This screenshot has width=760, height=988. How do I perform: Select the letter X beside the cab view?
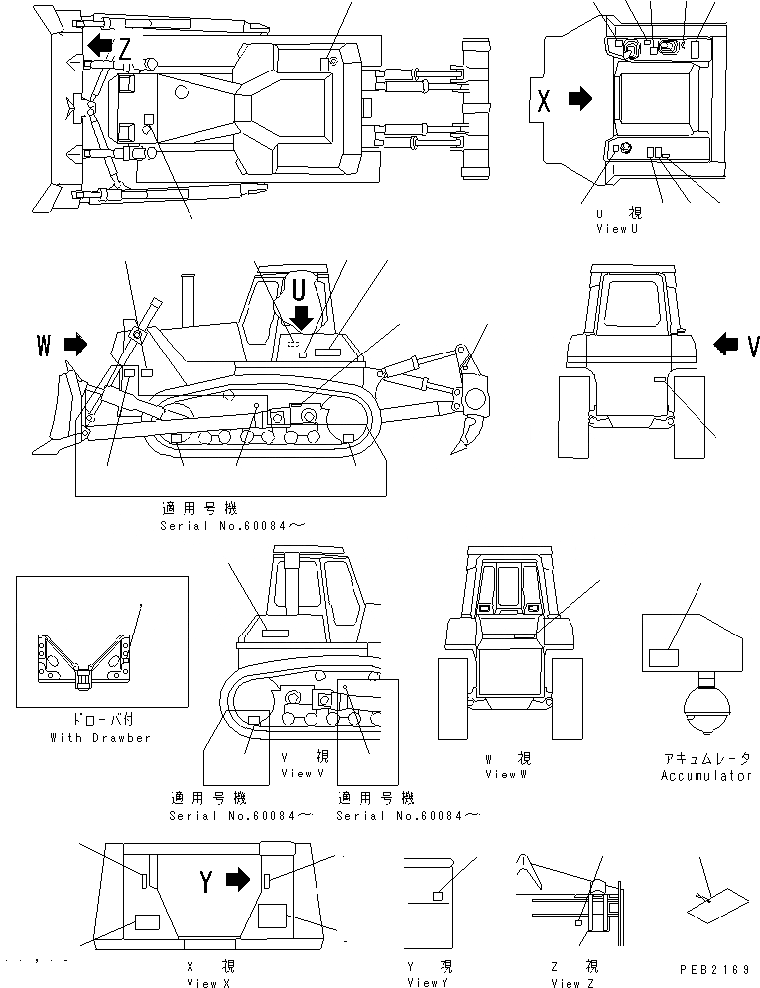coord(543,99)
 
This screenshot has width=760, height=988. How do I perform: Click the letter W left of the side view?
coord(44,345)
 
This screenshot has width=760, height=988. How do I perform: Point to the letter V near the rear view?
coord(753,345)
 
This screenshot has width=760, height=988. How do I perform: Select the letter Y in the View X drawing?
coord(206,880)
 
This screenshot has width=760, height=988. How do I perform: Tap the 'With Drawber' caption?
coord(100,738)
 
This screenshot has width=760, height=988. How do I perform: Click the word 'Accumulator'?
coord(705,776)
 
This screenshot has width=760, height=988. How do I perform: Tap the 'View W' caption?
coord(501,774)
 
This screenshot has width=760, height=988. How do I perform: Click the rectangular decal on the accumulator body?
coord(663,656)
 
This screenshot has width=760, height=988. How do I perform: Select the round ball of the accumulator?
coord(706,716)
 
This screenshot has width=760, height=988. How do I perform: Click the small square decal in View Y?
coord(437,897)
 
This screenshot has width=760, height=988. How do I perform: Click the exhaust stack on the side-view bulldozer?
coord(186,297)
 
